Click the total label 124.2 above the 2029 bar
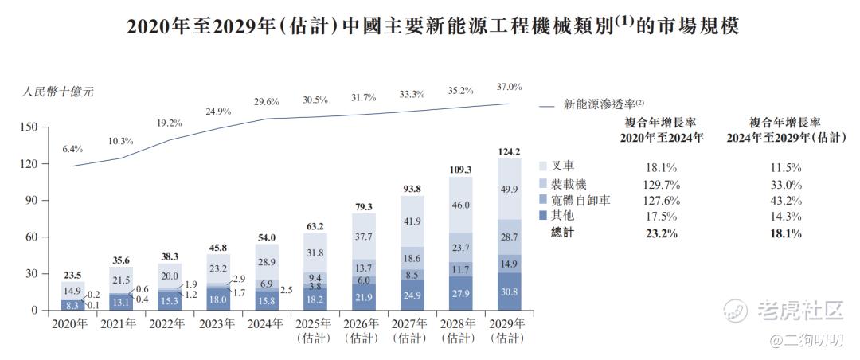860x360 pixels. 508,152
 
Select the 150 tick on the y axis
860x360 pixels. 29,127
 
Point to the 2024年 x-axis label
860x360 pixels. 264,324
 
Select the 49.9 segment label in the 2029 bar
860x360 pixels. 508,188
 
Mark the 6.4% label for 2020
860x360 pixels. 72,149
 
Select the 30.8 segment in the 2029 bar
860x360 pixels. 508,292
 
